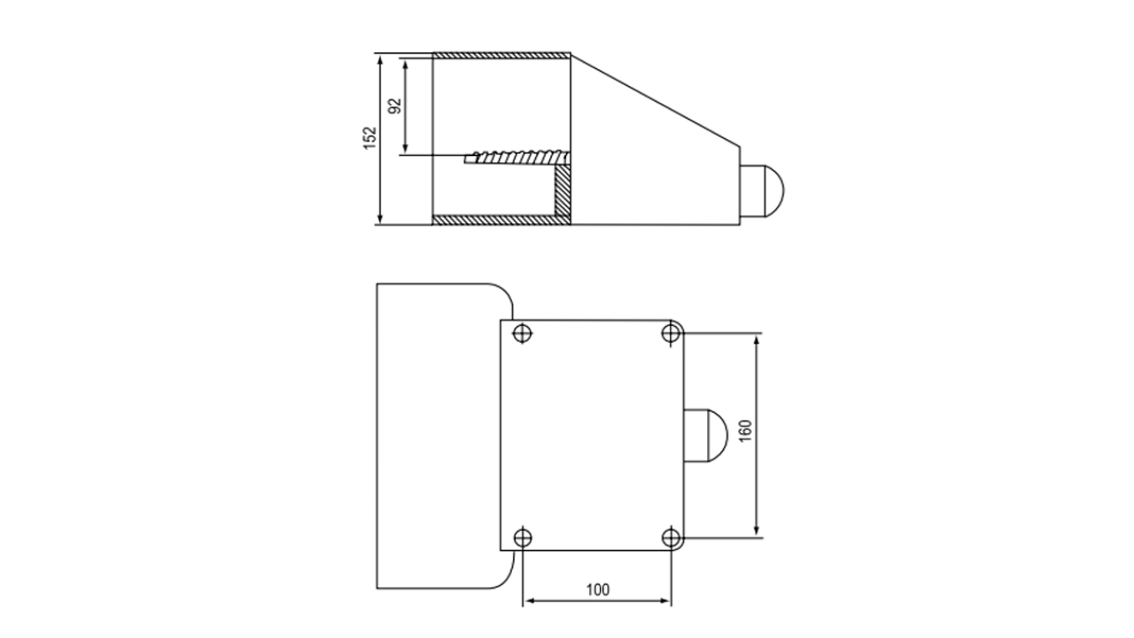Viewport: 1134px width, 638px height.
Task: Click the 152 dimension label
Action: point(370,138)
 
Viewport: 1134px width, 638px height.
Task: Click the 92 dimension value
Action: point(395,105)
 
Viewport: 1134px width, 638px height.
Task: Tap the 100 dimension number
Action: point(598,588)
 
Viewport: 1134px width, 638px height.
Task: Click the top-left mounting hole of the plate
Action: point(523,333)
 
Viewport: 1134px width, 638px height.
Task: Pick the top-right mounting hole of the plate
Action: point(672,333)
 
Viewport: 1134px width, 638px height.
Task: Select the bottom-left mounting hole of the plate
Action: point(523,537)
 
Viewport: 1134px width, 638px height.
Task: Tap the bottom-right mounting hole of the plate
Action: point(672,537)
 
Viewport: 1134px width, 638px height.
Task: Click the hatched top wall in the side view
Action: point(501,56)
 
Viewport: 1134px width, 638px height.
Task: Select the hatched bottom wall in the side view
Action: point(493,220)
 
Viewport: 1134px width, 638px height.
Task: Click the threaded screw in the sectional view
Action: point(518,158)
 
